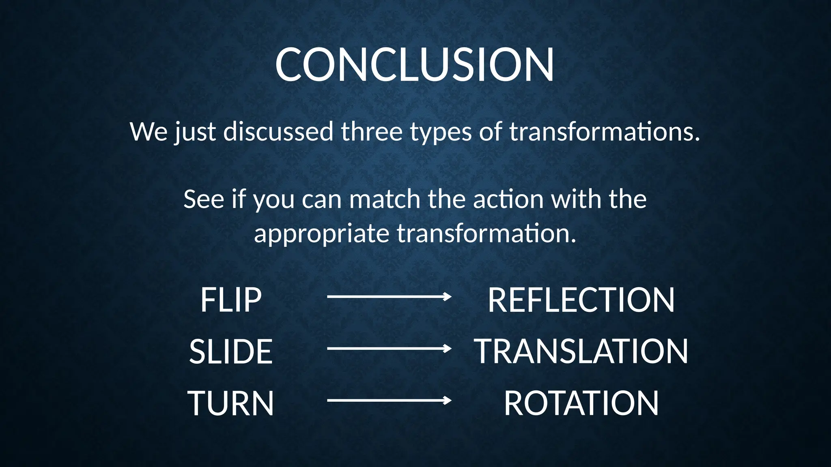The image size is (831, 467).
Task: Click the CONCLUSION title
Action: (x=414, y=65)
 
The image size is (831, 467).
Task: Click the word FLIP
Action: (x=231, y=300)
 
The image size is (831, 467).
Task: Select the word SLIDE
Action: (x=231, y=351)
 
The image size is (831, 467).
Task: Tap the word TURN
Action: (x=231, y=403)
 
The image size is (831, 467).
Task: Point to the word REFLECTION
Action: (x=581, y=300)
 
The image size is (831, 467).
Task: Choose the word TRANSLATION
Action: (x=581, y=351)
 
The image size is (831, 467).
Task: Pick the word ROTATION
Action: (x=581, y=403)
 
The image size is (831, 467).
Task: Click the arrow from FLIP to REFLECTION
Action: (x=389, y=297)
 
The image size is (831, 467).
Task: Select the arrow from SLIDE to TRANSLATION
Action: (x=389, y=349)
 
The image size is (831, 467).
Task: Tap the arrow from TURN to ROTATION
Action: (x=389, y=401)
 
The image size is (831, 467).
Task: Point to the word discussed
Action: (x=278, y=132)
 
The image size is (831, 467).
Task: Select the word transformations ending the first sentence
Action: (x=605, y=132)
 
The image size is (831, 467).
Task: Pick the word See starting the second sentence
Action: (x=204, y=199)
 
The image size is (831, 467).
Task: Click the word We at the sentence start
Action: (x=149, y=132)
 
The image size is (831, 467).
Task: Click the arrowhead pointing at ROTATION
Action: (x=448, y=401)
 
